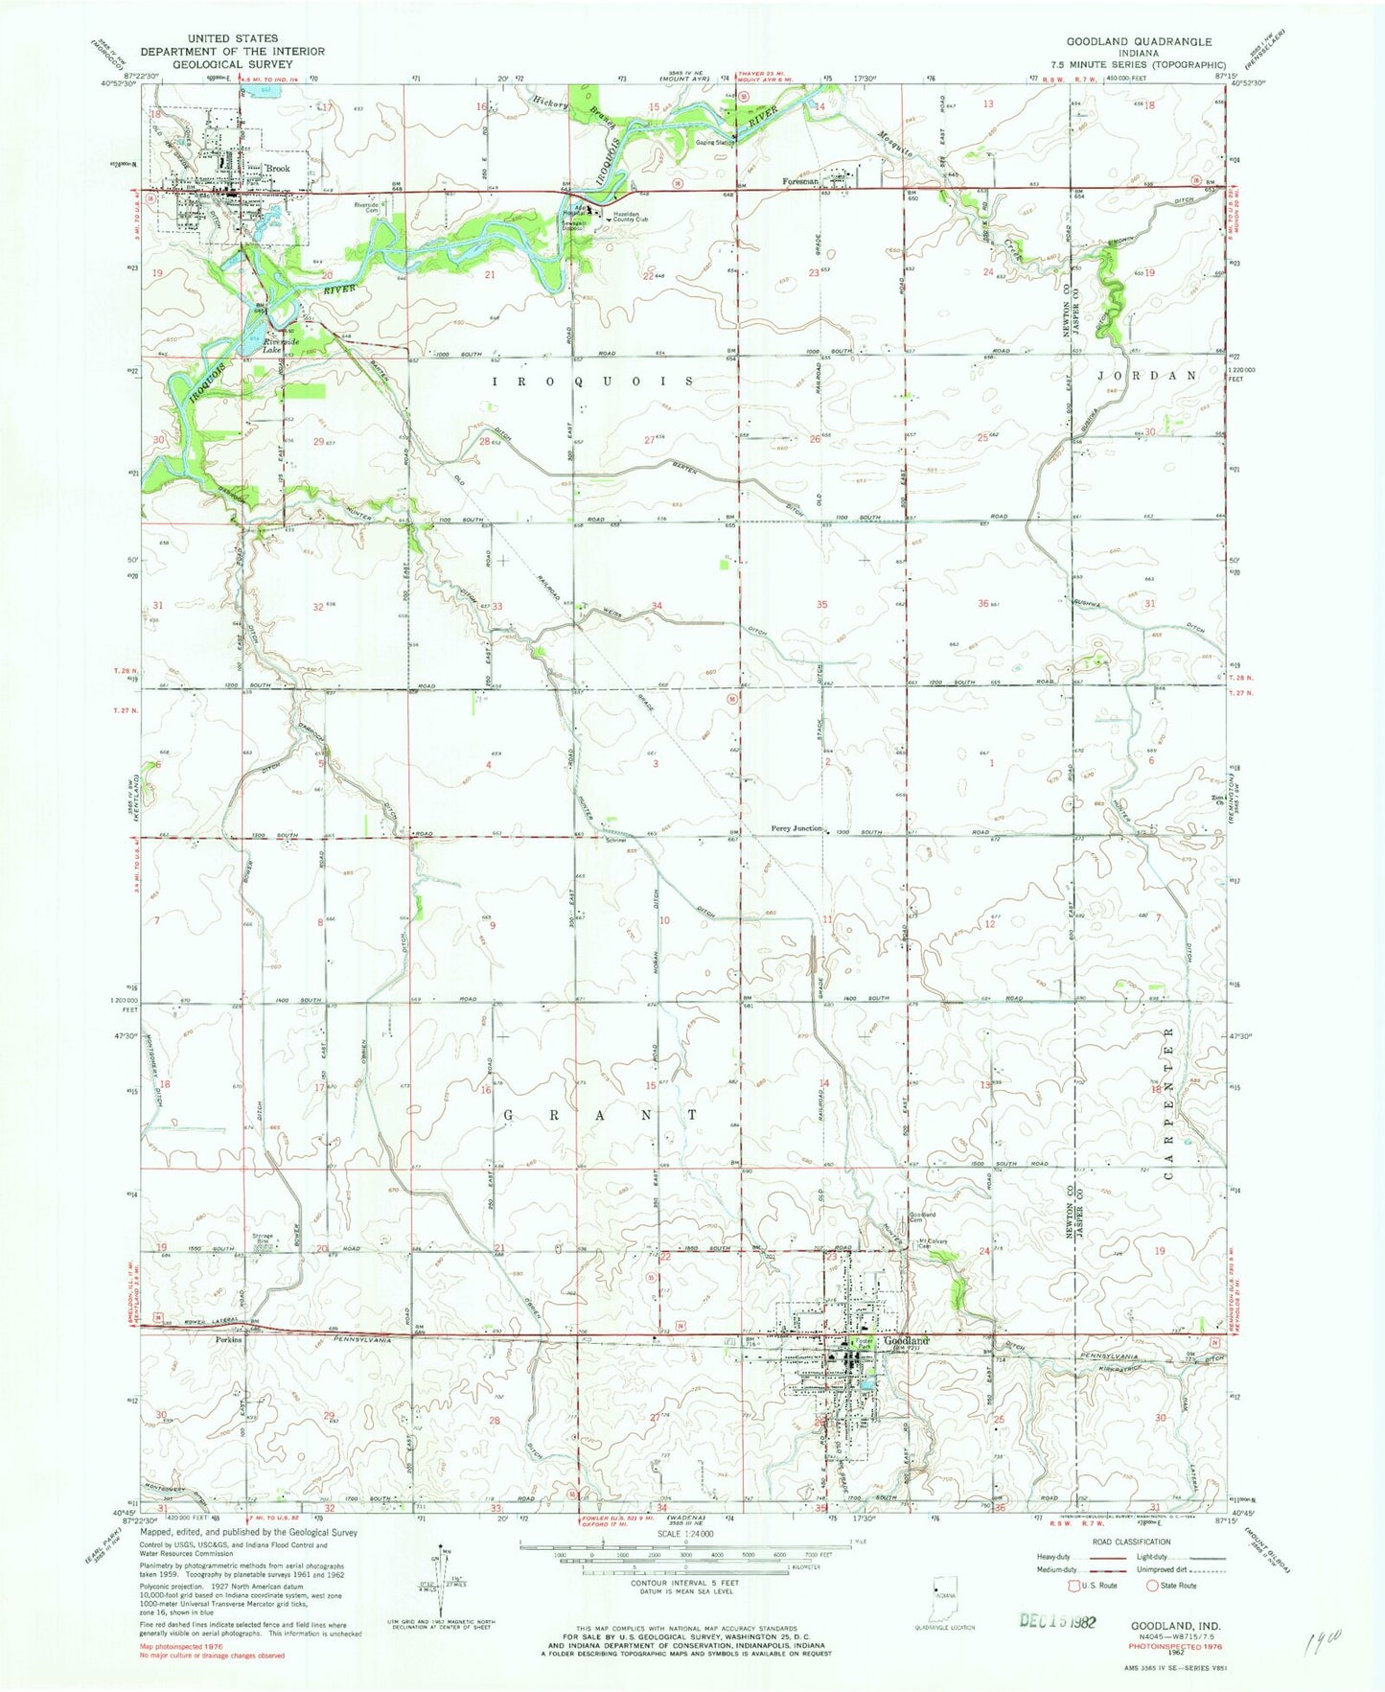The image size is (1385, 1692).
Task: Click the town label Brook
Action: pos(278,169)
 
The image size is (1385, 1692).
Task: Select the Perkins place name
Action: pos(228,1340)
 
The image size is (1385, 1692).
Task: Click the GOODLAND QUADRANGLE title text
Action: pos(1139,42)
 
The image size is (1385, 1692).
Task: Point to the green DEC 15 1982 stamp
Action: pos(1054,1620)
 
